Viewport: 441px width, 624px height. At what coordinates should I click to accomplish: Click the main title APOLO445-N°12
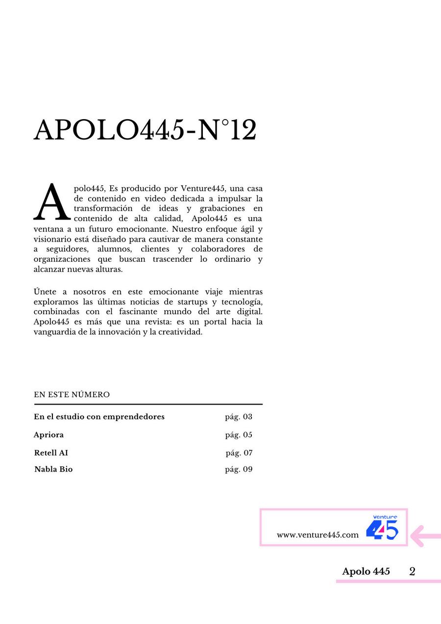click(145, 131)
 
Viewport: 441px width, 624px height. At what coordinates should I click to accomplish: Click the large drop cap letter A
click(51, 202)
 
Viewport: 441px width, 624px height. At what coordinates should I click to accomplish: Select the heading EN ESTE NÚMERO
click(72, 395)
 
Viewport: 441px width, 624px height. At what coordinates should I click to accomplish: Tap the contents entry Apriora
click(49, 435)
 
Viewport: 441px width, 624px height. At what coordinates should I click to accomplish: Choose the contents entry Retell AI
click(51, 453)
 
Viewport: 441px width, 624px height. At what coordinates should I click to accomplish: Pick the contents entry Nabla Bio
click(53, 469)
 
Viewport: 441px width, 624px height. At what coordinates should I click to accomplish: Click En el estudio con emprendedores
click(99, 417)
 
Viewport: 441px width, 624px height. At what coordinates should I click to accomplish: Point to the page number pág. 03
click(239, 417)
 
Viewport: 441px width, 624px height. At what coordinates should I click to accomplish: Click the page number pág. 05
click(239, 435)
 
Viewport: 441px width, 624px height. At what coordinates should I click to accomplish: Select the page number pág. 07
click(239, 453)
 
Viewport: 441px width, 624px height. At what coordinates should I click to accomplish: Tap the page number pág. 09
click(239, 469)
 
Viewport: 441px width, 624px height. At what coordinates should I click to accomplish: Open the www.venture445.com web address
click(318, 535)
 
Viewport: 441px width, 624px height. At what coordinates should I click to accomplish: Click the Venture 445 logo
click(382, 527)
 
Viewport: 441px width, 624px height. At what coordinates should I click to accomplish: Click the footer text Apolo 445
click(366, 571)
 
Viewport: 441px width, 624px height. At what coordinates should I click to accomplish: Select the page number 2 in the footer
click(412, 571)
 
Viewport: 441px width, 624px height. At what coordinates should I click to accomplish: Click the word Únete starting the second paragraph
click(46, 292)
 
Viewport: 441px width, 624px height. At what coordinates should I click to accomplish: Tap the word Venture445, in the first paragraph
click(203, 188)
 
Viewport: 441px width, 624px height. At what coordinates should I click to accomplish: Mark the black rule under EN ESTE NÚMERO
click(148, 404)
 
